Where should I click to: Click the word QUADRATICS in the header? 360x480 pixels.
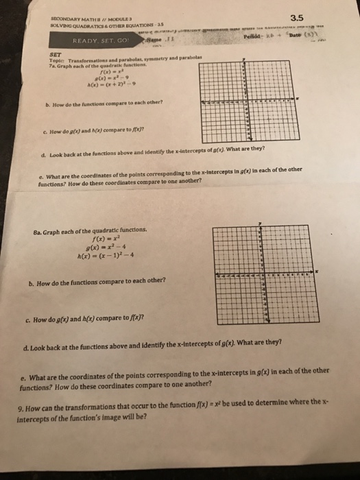76,25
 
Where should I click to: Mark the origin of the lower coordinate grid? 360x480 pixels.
260,275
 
